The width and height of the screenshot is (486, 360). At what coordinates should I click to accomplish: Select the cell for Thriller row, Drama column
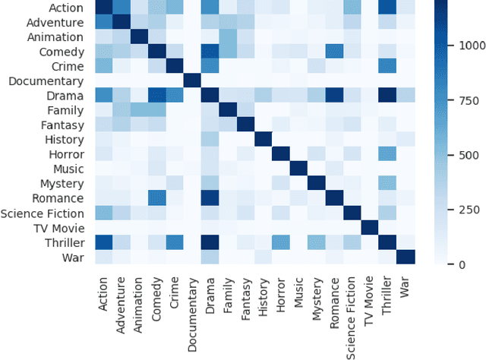(x=210, y=242)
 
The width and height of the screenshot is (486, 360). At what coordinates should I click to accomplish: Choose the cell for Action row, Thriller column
(x=387, y=8)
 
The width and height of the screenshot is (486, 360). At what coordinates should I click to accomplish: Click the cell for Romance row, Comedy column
(x=157, y=197)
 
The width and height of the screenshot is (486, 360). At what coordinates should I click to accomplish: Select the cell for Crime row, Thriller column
(x=387, y=66)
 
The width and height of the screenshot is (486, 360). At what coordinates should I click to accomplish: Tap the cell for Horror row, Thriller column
(x=387, y=154)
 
